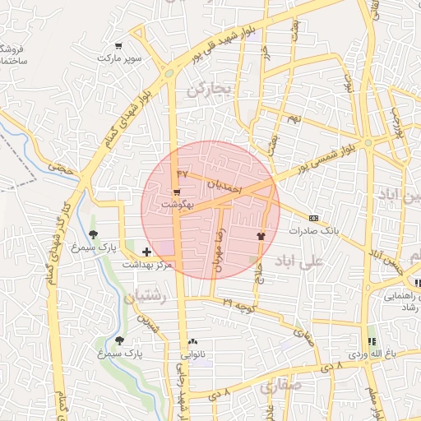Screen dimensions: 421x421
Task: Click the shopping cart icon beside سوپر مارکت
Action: pyautogui.click(x=119, y=46)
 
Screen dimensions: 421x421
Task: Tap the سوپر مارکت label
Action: pyautogui.click(x=120, y=59)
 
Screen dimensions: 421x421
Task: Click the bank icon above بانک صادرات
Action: pyautogui.click(x=313, y=218)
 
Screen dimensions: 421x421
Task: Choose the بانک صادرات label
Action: pyautogui.click(x=313, y=231)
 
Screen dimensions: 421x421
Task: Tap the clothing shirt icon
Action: pyautogui.click(x=261, y=234)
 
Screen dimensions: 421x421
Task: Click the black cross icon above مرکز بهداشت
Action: pyautogui.click(x=146, y=252)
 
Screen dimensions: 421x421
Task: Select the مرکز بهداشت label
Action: pyautogui.click(x=147, y=265)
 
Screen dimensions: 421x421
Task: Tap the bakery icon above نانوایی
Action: pyautogui.click(x=193, y=341)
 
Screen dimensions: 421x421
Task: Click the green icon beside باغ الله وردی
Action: pyautogui.click(x=371, y=340)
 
